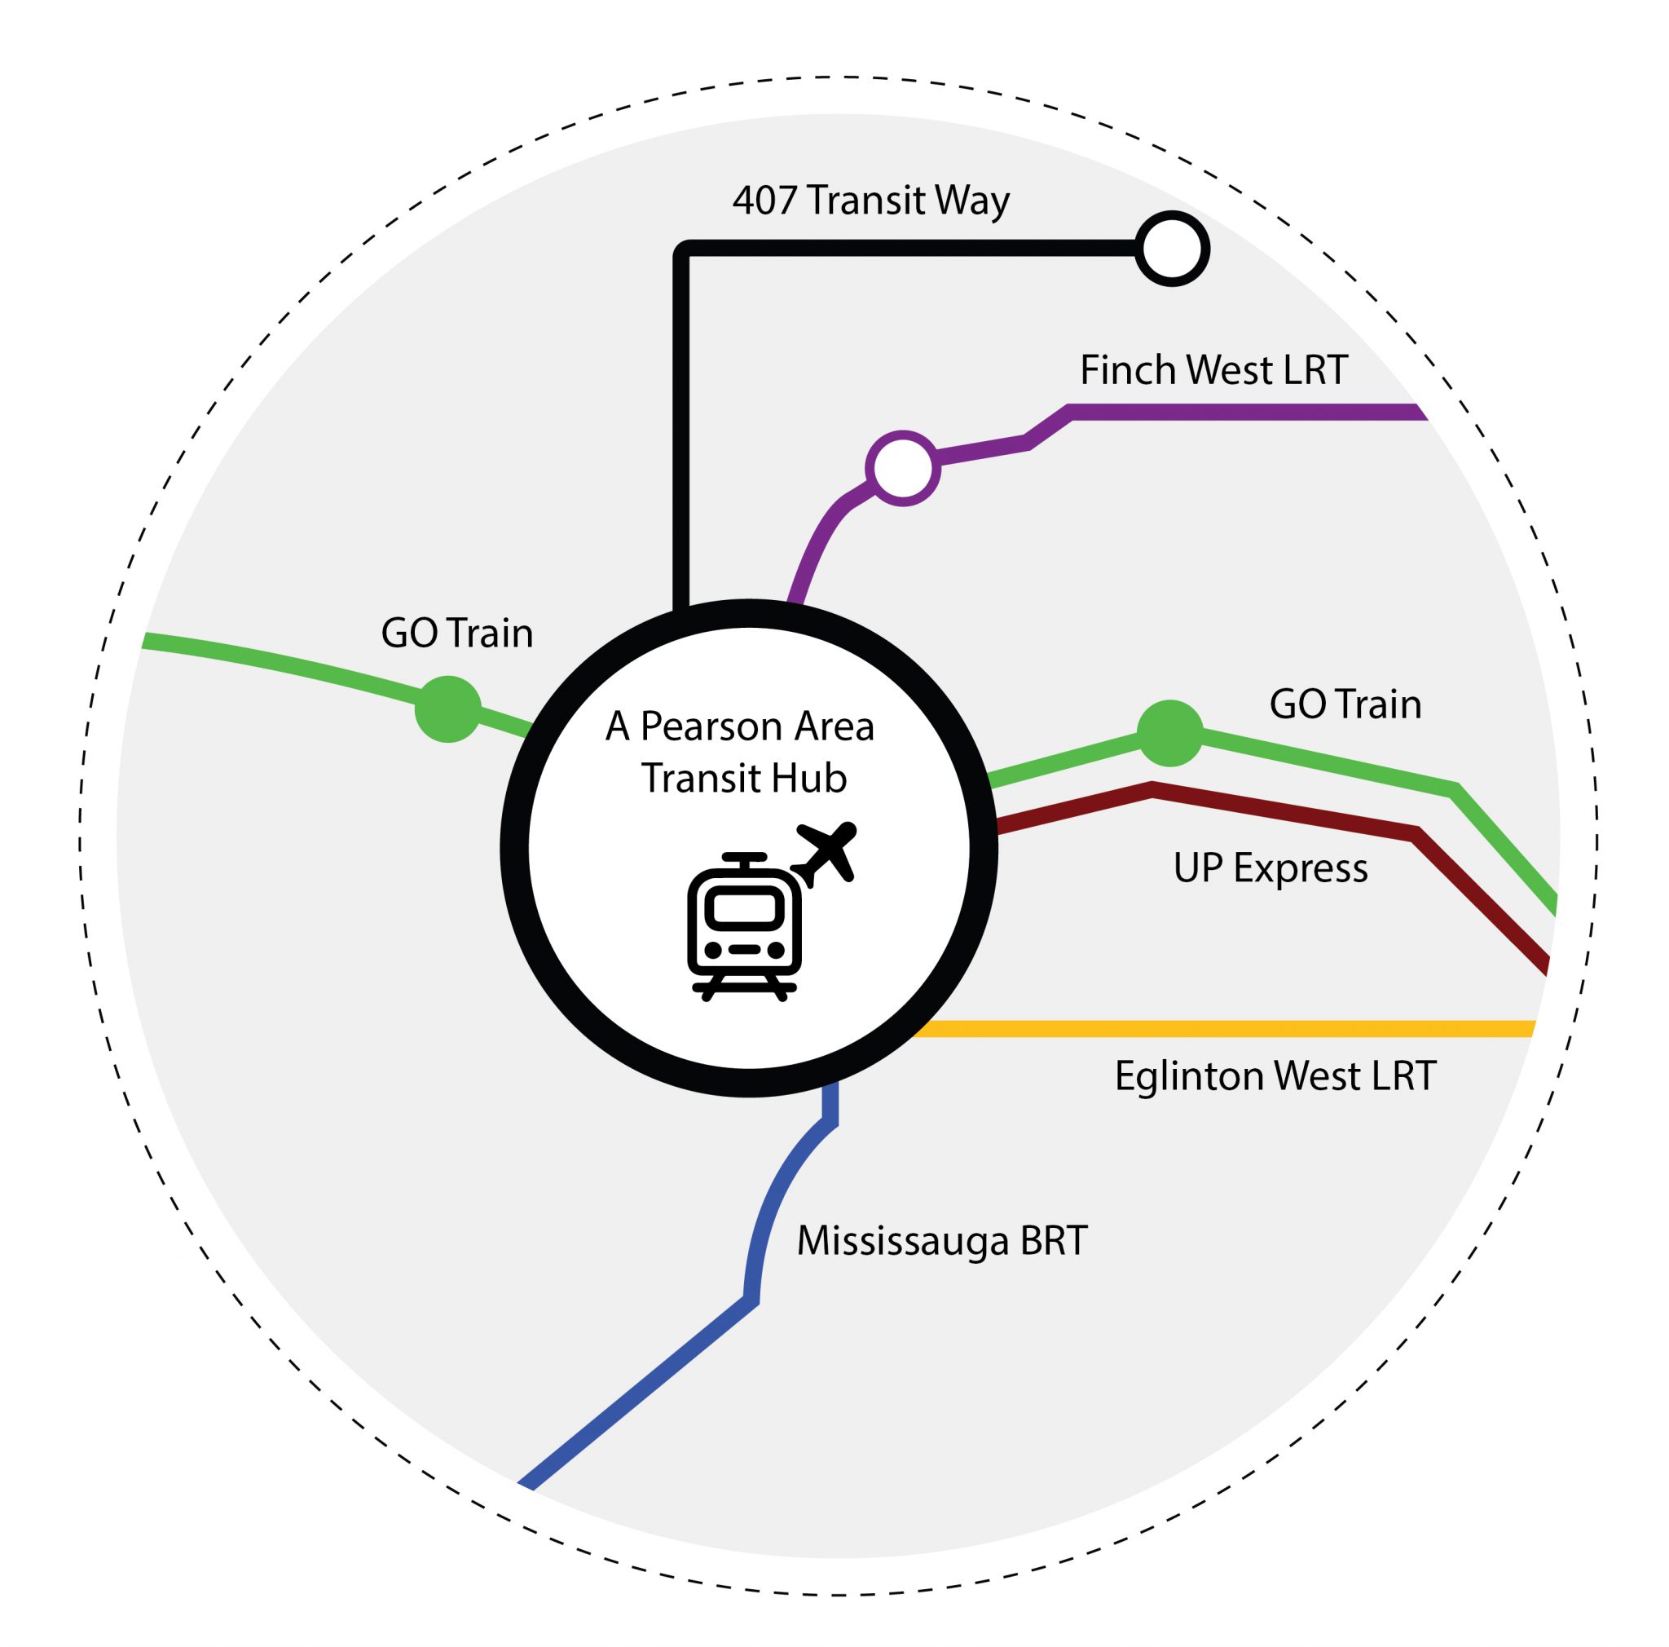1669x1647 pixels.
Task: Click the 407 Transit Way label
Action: tap(871, 201)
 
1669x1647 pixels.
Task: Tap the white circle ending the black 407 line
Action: tap(1171, 249)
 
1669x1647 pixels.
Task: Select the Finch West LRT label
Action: tap(1213, 370)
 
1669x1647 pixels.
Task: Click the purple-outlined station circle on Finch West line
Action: tap(903, 467)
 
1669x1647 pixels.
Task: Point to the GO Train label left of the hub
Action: tap(457, 634)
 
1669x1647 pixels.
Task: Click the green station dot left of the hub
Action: tap(447, 709)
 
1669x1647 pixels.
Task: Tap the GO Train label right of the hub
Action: tap(1345, 704)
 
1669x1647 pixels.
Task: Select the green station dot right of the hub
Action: tap(1169, 734)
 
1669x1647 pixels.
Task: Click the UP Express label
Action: tap(1270, 868)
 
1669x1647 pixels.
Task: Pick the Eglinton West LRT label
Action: tap(1275, 1075)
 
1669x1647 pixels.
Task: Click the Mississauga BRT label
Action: tap(941, 1241)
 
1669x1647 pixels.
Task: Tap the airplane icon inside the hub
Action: tap(826, 853)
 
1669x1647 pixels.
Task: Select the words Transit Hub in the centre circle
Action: tap(744, 778)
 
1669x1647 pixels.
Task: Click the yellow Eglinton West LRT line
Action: tap(1209, 1028)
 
